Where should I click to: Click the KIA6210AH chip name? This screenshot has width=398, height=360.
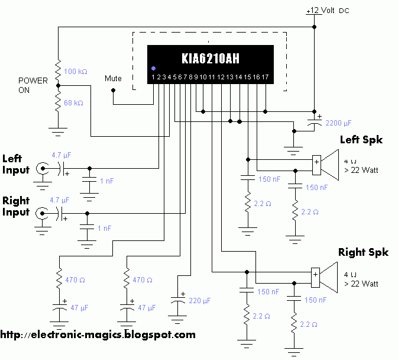[x=211, y=58]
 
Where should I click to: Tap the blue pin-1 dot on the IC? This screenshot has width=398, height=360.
[x=153, y=68]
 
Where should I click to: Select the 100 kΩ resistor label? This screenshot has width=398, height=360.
[x=76, y=72]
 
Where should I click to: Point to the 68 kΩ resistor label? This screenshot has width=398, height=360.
[x=73, y=103]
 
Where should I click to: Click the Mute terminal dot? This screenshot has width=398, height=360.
[x=113, y=90]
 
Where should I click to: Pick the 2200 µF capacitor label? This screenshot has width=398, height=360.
[x=338, y=123]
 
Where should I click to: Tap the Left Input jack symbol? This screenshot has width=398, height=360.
[x=43, y=168]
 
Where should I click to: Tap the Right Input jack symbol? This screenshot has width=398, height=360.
[x=42, y=213]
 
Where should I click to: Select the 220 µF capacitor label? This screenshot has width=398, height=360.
[x=199, y=301]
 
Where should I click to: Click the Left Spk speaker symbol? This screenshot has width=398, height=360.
[x=325, y=165]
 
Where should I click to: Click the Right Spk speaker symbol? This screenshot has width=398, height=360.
[x=325, y=278]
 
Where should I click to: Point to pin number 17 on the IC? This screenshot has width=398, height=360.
[x=265, y=77]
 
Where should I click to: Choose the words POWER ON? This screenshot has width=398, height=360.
[x=33, y=85]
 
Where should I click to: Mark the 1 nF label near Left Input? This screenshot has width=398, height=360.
[x=106, y=181]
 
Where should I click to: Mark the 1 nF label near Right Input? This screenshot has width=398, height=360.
[x=104, y=229]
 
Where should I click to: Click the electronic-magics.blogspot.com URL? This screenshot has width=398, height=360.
[x=98, y=335]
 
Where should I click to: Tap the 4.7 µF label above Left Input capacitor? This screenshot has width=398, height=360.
[x=61, y=155]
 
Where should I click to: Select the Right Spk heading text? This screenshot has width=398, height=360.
[x=363, y=253]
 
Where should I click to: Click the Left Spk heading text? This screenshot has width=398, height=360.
[x=361, y=140]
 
